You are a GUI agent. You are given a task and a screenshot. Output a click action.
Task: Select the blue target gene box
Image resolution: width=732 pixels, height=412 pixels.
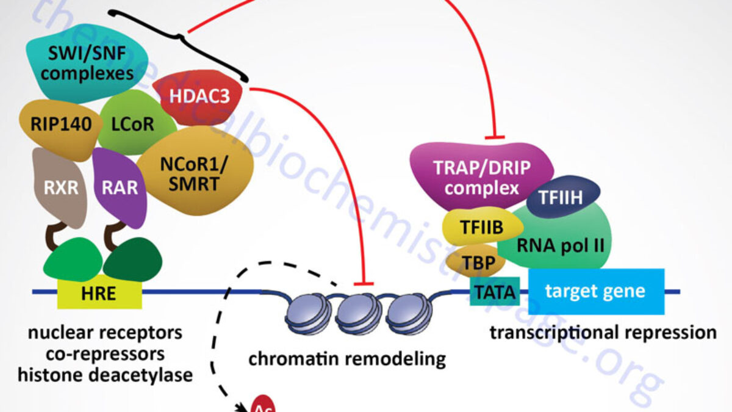point(595,291)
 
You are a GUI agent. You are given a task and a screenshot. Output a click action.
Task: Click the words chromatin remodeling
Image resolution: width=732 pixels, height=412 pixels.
point(346,358)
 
